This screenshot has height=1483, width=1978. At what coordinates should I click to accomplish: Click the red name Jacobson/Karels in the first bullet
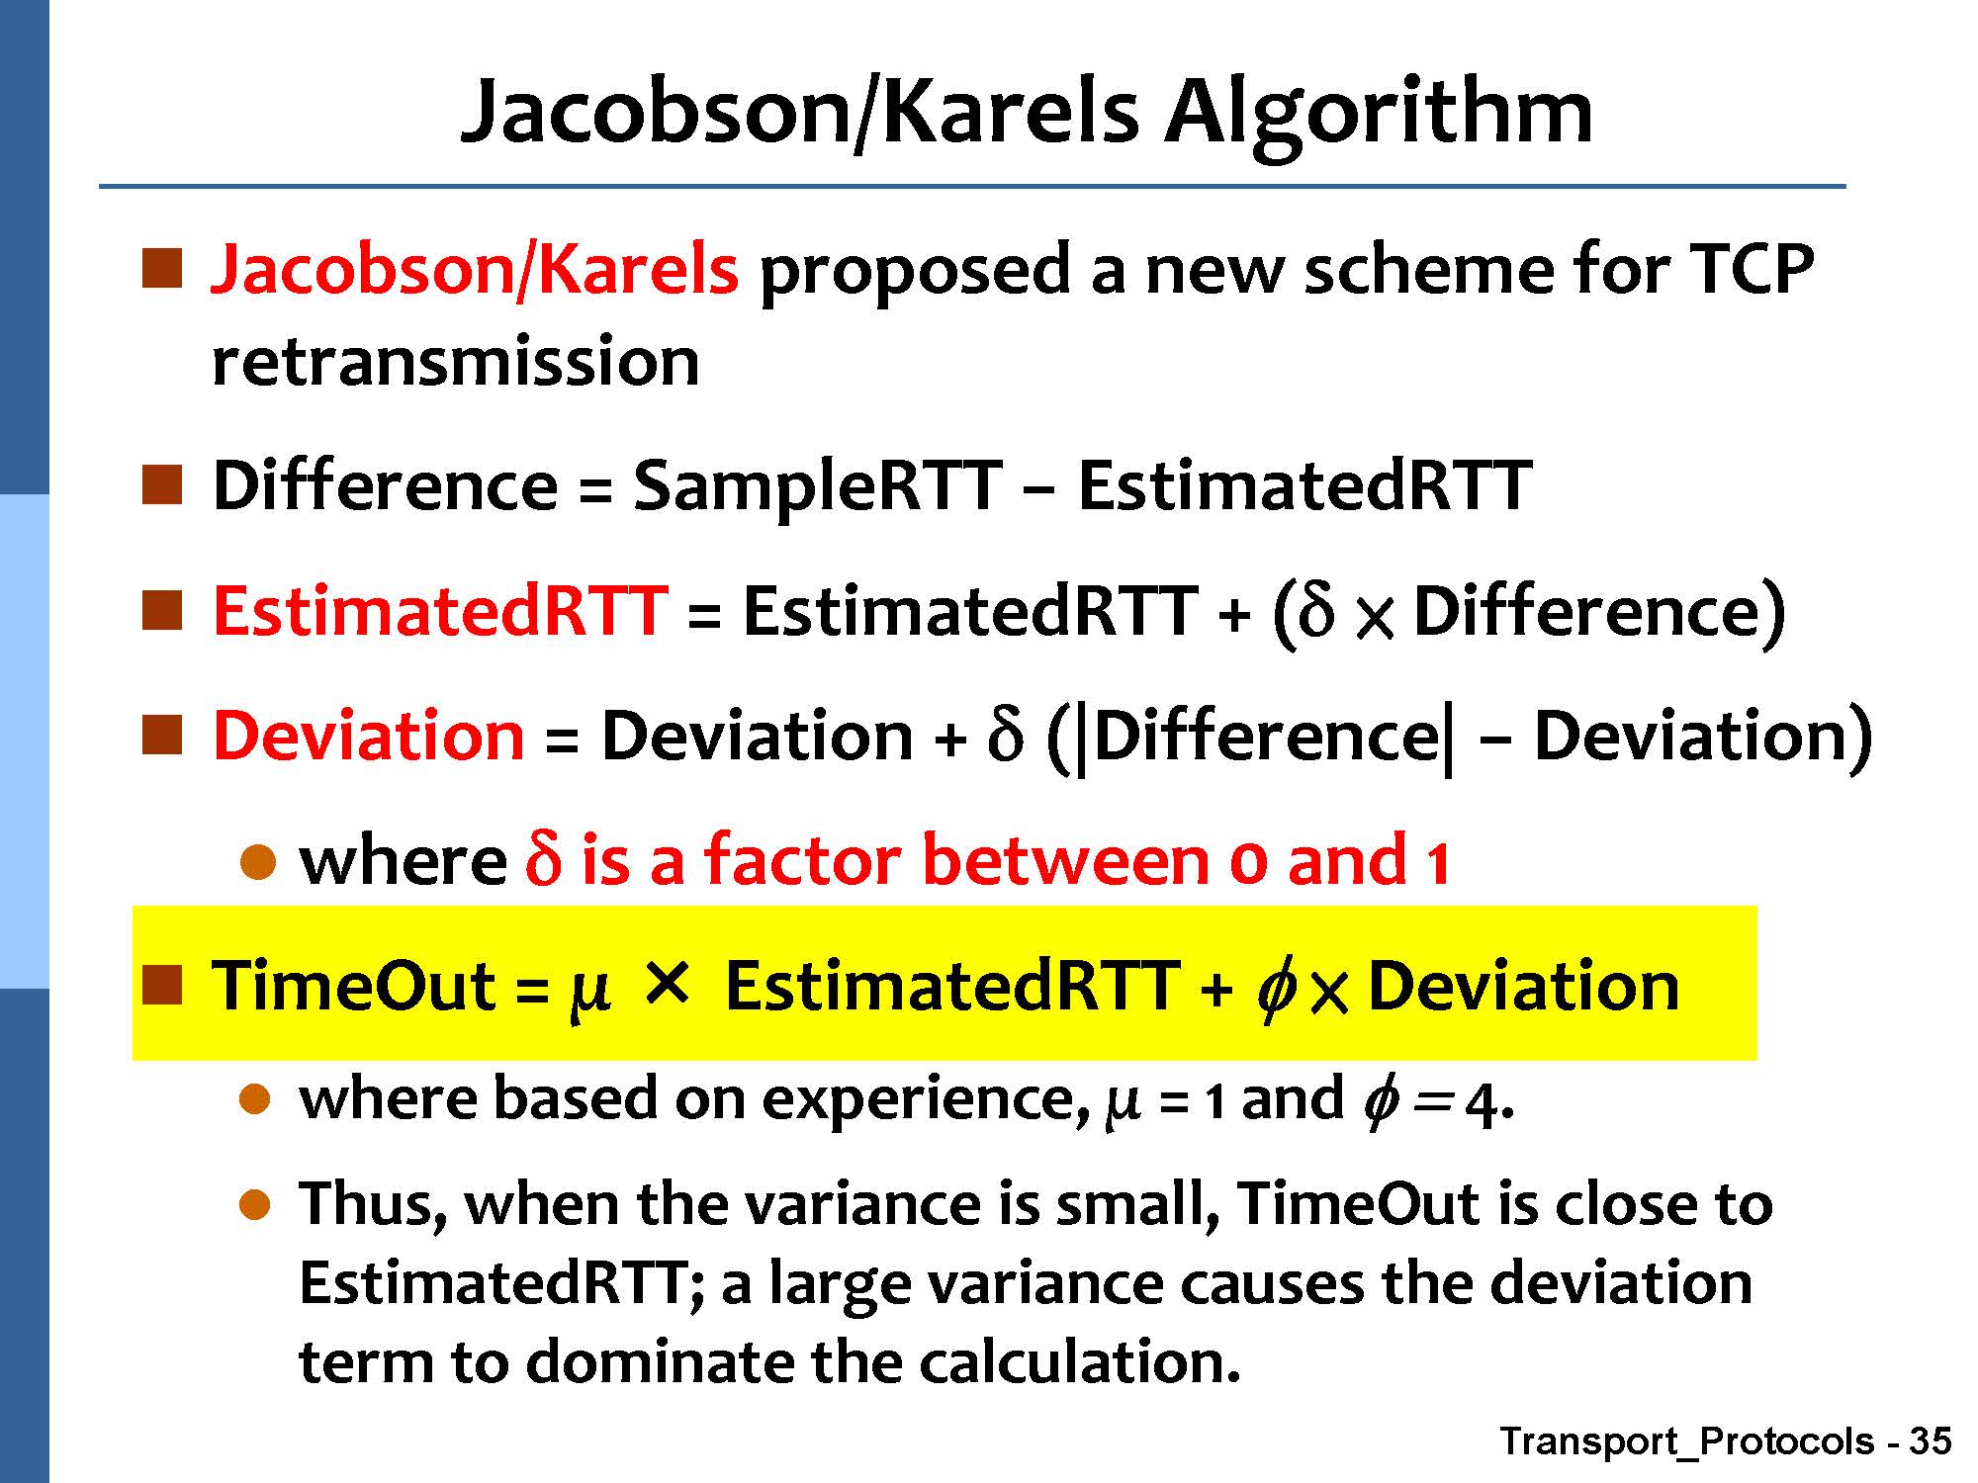point(475,269)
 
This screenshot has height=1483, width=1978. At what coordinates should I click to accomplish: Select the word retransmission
point(456,362)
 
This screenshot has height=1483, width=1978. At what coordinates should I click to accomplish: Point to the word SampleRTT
point(817,487)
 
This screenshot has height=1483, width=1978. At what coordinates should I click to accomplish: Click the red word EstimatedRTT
point(440,610)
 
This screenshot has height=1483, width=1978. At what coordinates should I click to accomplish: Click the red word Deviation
point(369,737)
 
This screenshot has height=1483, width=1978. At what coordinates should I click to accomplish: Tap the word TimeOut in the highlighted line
point(354,986)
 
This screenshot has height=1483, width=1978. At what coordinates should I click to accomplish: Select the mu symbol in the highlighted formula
point(587,992)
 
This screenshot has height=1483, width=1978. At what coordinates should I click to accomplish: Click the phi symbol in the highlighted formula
point(1277,989)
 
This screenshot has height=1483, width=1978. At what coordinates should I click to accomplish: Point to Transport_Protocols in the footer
point(1687,1441)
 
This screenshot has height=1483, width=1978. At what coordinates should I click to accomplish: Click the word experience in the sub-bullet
point(920,1100)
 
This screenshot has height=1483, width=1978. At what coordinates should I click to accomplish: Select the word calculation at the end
point(1079,1361)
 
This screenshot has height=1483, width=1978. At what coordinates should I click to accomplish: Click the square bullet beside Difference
point(162,485)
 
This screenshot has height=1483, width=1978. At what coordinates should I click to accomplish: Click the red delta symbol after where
point(543,858)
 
